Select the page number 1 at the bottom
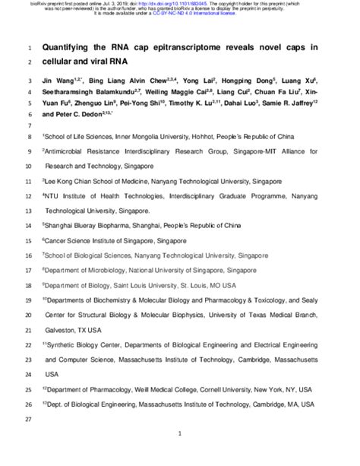coord(179,454)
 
